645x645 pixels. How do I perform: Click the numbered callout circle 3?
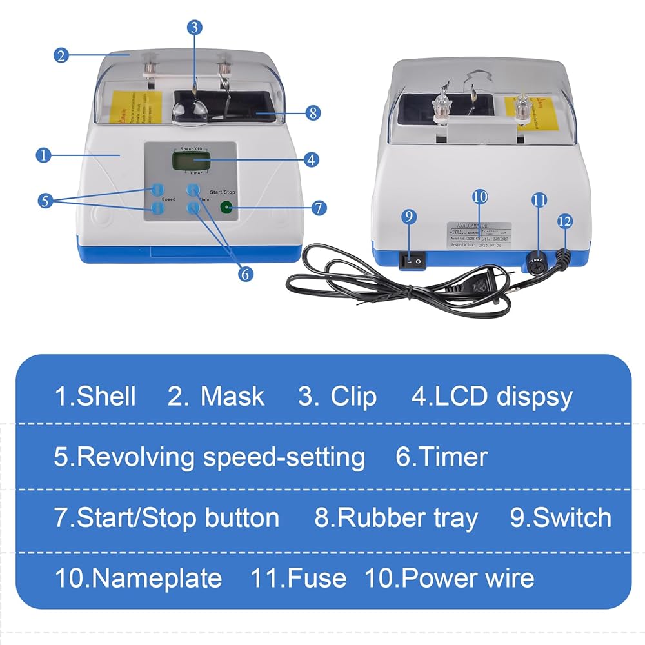(x=195, y=27)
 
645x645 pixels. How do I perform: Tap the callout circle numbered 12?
(x=564, y=221)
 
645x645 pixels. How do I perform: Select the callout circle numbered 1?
(x=44, y=155)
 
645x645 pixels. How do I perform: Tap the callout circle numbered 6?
(x=244, y=273)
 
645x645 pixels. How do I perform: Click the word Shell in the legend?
(x=106, y=396)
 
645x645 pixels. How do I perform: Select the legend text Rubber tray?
(x=407, y=518)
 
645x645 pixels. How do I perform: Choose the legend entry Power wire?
(x=468, y=578)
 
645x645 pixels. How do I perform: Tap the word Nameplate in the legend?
(x=157, y=578)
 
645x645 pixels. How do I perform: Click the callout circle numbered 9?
(x=409, y=217)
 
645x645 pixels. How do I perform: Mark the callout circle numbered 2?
(x=61, y=55)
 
